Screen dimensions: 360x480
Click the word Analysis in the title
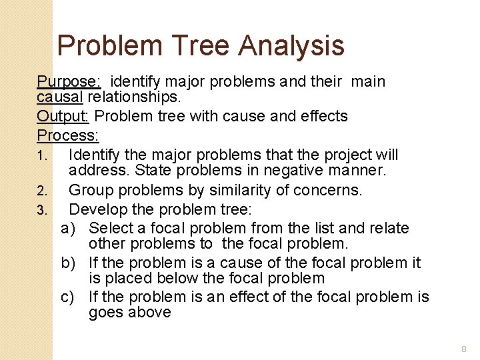(291, 46)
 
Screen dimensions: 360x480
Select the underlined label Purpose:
(69, 82)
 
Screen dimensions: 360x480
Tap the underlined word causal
(60, 97)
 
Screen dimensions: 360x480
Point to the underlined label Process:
(68, 135)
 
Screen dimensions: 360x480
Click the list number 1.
(41, 156)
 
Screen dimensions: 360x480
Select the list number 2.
(41, 191)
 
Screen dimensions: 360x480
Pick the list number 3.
(41, 211)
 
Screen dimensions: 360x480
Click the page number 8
(464, 349)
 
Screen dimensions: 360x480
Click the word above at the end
(151, 313)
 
